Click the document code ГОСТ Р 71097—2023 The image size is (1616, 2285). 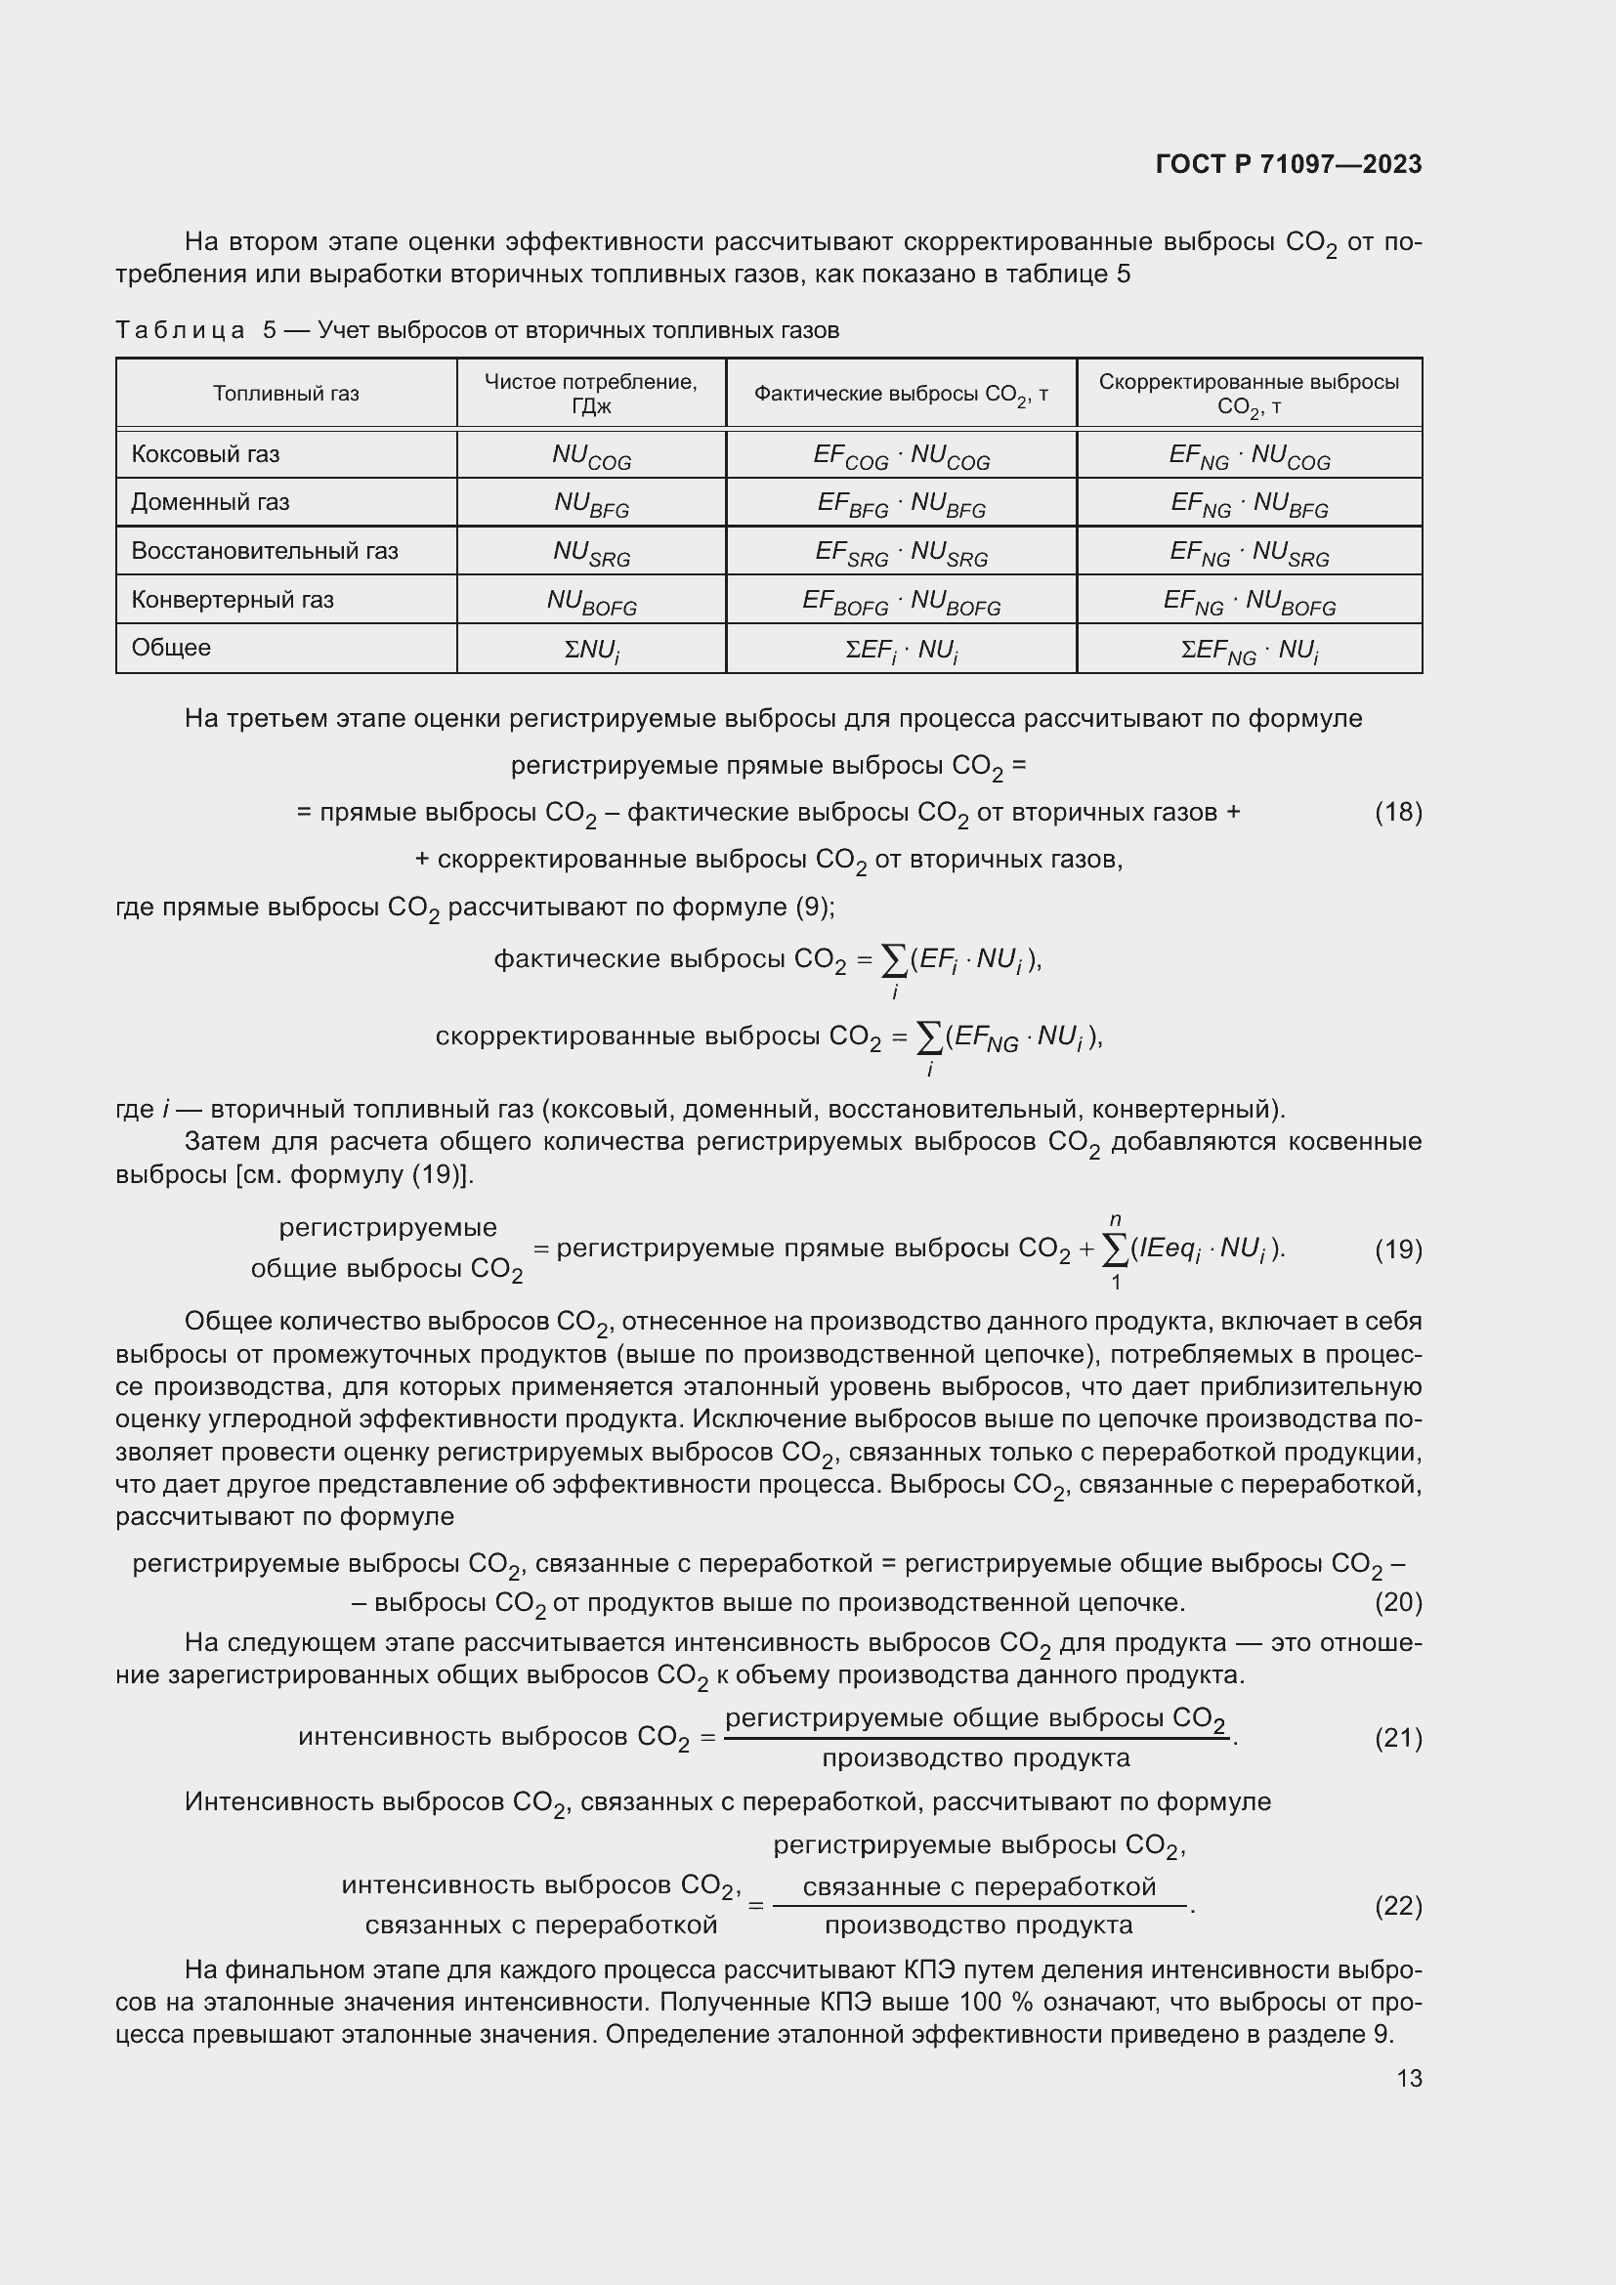point(1288,164)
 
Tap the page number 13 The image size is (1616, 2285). point(1408,2078)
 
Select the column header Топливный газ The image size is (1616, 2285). point(285,394)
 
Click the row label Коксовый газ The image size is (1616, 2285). point(205,455)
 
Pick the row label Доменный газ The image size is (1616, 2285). point(210,502)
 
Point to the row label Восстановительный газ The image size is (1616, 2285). point(264,551)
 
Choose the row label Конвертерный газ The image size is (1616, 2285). point(232,600)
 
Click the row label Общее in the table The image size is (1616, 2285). point(171,648)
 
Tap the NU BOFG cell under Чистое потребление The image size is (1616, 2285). point(591,602)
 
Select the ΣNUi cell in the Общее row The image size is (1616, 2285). point(591,651)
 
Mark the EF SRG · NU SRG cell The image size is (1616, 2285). point(901,553)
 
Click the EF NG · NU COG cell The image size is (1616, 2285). point(1249,457)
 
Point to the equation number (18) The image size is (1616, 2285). point(1397,812)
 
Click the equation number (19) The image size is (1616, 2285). point(1397,1249)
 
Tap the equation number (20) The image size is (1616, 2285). point(1397,1602)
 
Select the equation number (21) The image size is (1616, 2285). point(1397,1738)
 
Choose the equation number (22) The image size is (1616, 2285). point(1397,1905)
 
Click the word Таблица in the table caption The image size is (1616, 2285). point(180,330)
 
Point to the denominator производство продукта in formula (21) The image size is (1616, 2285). point(975,1758)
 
